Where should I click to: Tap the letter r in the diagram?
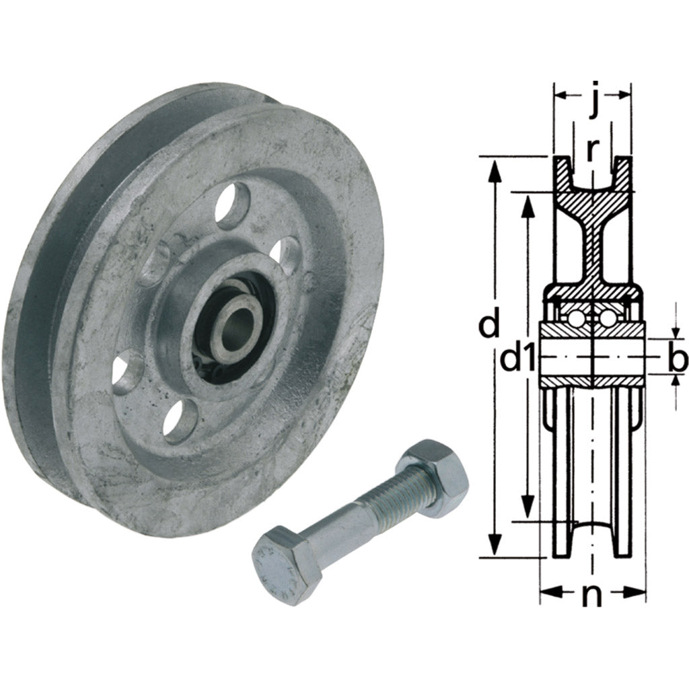tap(592, 149)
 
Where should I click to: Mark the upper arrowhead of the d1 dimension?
tap(528, 206)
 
